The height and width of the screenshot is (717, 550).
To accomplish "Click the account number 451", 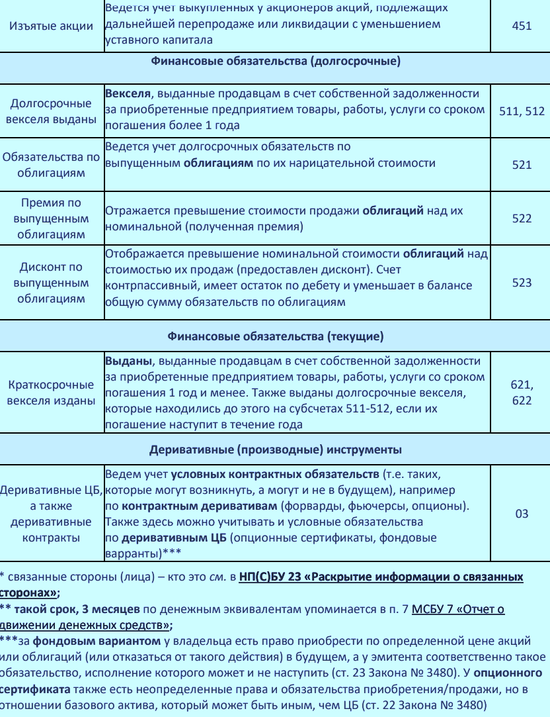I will (521, 27).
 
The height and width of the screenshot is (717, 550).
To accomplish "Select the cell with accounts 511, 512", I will (521, 111).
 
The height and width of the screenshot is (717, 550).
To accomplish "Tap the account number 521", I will (521, 165).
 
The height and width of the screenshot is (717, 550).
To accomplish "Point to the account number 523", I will (521, 283).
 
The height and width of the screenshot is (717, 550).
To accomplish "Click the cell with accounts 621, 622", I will (521, 392).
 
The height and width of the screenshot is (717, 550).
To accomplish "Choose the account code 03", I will (521, 513).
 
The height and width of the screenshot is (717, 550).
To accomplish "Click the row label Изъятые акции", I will (51, 27).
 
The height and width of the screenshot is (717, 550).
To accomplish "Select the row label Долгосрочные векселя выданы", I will (51, 111).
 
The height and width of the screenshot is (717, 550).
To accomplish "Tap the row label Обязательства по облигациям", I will (51, 165).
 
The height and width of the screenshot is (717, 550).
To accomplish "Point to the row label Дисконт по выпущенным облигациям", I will (51, 283).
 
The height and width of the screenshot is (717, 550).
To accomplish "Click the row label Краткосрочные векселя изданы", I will (51, 392).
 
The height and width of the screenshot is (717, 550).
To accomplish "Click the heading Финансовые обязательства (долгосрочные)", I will (275, 63).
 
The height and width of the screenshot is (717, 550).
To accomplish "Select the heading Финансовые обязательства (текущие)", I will (275, 337).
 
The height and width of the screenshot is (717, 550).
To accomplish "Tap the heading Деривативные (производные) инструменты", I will (275, 450).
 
